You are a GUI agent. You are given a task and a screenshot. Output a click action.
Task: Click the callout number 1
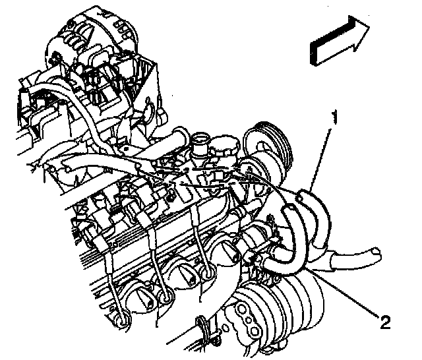(334, 119)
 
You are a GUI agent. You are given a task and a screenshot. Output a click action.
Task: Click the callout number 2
(385, 322)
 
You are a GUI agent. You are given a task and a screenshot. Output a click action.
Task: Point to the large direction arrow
(340, 40)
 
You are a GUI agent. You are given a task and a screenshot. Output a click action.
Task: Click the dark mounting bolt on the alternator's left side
(56, 57)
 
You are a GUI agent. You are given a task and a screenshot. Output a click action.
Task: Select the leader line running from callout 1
(320, 160)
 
